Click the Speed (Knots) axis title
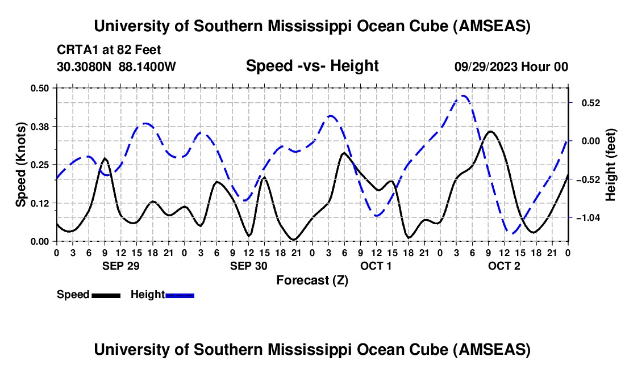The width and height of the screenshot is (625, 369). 21,164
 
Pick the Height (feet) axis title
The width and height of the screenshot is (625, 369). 611,165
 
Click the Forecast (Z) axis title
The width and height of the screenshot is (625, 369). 312,280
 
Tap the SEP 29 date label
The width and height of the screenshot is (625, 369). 120,266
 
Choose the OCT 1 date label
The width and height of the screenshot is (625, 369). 376,266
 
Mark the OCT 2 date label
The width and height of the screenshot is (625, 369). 504,266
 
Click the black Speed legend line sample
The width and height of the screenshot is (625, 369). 106,295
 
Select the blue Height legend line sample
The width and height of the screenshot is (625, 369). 180,295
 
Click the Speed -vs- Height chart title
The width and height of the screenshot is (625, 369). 312,66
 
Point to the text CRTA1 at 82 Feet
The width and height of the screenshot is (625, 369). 109,50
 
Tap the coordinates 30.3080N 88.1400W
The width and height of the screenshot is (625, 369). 116,66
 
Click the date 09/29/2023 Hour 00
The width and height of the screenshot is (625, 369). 511,66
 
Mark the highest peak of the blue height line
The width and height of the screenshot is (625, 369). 464,95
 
